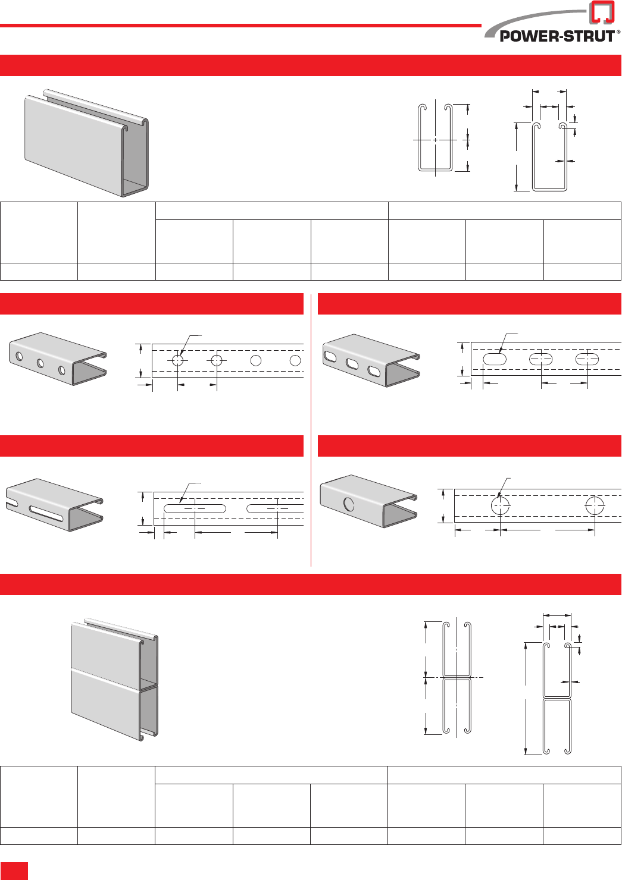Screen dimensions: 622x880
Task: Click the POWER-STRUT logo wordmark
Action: click(557, 36)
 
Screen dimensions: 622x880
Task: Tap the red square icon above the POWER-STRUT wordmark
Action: click(602, 12)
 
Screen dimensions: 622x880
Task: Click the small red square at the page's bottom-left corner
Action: click(14, 870)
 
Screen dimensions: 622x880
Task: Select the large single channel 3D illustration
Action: click(86, 143)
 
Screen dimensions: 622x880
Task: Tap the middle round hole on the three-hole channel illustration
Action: click(40, 363)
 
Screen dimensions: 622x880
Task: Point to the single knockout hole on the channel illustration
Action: click(349, 504)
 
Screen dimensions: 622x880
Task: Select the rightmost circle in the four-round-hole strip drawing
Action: click(295, 360)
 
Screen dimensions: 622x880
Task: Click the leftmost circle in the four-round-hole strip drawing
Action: click(178, 360)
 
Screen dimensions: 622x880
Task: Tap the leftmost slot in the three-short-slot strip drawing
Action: click(495, 359)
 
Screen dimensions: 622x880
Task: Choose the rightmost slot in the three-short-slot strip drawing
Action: click(587, 359)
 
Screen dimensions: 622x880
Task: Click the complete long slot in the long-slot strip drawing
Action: click(195, 508)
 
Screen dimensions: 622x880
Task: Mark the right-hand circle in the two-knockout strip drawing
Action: click(595, 505)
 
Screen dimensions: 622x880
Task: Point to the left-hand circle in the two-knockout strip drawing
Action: click(500, 505)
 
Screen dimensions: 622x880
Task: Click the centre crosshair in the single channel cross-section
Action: click(436, 140)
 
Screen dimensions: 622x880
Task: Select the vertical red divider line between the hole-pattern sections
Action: click(311, 428)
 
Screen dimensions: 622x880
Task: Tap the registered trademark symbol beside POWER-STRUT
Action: click(618, 32)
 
